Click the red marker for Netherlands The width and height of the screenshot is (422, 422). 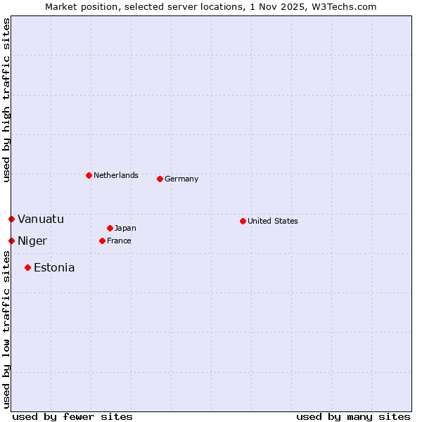coord(89,175)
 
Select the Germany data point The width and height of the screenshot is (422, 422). coord(160,179)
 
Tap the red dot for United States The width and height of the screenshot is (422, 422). coord(243,221)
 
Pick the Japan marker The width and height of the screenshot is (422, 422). coord(110,228)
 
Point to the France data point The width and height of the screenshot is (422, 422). coord(102,241)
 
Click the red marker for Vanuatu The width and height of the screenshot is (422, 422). coord(11,219)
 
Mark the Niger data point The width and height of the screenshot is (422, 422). coord(11,241)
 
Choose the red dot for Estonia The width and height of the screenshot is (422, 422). coord(27,267)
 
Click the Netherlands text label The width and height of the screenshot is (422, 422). coord(116,175)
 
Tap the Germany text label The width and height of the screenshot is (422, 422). coord(181,179)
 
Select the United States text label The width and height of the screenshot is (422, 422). coord(273,221)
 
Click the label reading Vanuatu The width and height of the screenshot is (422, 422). coord(41,219)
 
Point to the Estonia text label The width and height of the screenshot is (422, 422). coord(54,267)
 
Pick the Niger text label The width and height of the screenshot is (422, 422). coord(32,241)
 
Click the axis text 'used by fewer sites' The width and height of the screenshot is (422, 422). coord(72,416)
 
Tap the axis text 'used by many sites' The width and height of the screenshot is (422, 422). coord(353,416)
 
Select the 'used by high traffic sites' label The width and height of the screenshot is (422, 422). coord(6,100)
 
